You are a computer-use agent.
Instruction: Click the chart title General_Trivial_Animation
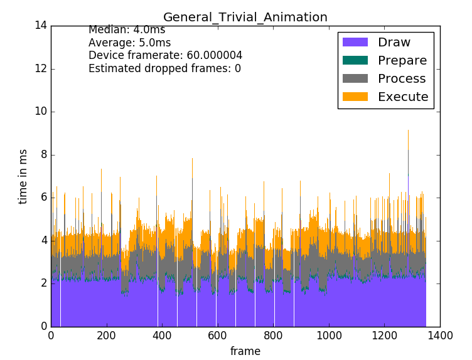point(245,17)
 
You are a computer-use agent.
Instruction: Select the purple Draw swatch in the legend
point(355,43)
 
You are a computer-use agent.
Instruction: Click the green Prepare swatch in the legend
point(355,61)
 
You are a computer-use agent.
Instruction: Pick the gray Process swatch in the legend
point(355,79)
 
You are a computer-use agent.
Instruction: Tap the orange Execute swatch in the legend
point(355,97)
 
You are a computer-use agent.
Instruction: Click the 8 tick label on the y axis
point(44,155)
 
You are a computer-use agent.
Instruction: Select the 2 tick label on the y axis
point(44,283)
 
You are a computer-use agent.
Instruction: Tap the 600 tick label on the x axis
point(217,335)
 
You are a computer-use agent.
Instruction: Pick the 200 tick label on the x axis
point(107,335)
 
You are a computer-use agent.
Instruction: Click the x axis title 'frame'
point(245,351)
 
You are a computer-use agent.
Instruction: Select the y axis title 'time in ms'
point(23,176)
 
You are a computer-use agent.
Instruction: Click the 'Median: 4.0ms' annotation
point(127,29)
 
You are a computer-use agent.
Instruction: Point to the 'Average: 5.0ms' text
point(129,43)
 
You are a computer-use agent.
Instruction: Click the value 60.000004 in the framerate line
point(215,56)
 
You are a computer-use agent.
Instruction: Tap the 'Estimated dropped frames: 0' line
point(164,69)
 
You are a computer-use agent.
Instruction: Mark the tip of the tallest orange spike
point(408,130)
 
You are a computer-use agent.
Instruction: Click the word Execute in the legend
point(402,97)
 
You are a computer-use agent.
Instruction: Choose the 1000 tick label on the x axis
point(328,335)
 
